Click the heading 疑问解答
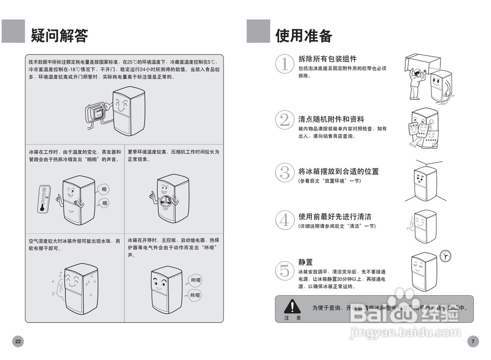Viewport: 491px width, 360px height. click(x=59, y=36)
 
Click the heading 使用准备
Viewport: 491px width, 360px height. click(x=304, y=36)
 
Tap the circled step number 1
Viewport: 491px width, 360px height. click(x=285, y=64)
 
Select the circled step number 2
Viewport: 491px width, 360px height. click(x=285, y=120)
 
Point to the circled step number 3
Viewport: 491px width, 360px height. click(x=285, y=173)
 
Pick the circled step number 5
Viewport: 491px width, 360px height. click(x=285, y=271)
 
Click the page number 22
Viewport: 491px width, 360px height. click(x=18, y=341)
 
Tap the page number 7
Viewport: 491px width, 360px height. click(x=473, y=341)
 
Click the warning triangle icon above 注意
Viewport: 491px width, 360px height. click(x=292, y=306)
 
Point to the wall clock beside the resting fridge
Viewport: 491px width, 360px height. click(x=445, y=256)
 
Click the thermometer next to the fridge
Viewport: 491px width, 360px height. click(x=44, y=199)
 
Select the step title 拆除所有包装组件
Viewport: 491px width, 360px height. click(x=328, y=59)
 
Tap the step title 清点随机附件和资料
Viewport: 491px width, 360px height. click(x=331, y=119)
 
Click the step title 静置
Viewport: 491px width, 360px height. click(x=305, y=262)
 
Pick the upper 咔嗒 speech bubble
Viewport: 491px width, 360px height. click(x=196, y=280)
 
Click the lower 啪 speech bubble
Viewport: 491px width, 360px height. click(x=105, y=203)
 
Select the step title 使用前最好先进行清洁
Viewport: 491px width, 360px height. click(x=335, y=217)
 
